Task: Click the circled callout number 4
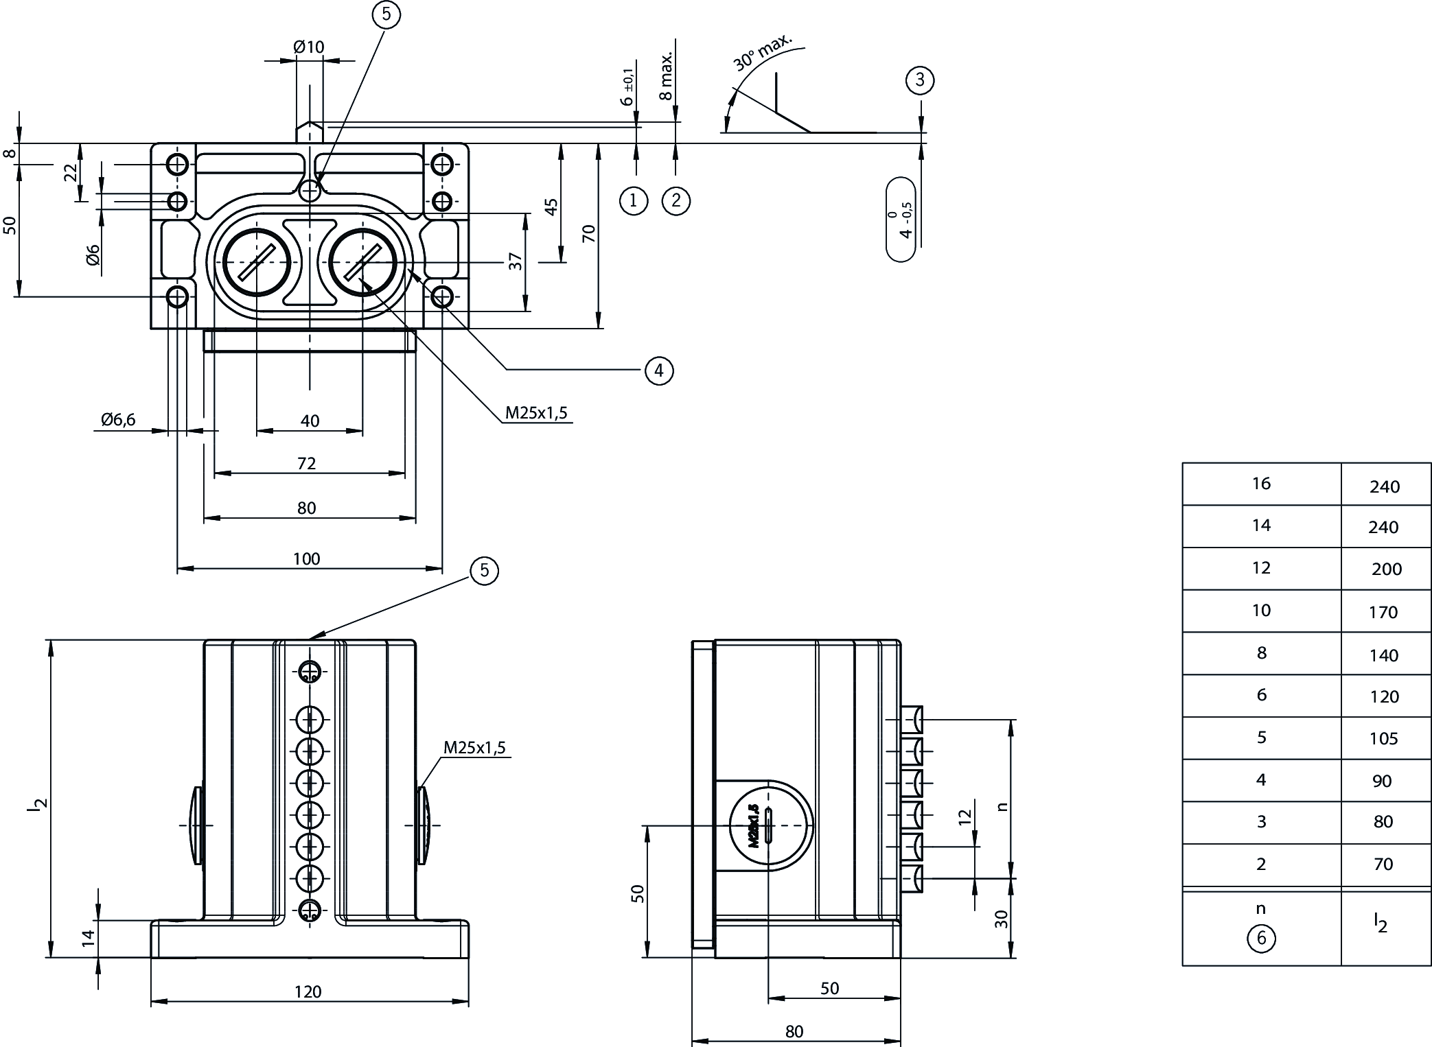[x=659, y=370]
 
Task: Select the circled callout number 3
[x=920, y=80]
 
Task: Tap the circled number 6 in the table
[x=1261, y=938]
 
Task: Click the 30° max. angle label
[x=762, y=51]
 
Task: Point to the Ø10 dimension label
[x=308, y=47]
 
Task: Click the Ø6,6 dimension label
[x=118, y=419]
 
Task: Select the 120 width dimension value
[x=308, y=991]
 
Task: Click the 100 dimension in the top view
[x=306, y=558]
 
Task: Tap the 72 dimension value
[x=306, y=464]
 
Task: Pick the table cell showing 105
[x=1383, y=738]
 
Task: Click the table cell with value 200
[x=1386, y=569]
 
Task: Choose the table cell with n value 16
[x=1261, y=484]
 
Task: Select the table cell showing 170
[x=1383, y=612]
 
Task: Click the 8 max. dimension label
[x=667, y=75]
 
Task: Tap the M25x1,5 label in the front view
[x=474, y=747]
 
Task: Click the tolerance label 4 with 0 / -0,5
[x=901, y=220]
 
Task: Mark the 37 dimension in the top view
[x=516, y=261]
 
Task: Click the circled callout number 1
[x=633, y=200]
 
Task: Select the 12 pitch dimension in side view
[x=965, y=816]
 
